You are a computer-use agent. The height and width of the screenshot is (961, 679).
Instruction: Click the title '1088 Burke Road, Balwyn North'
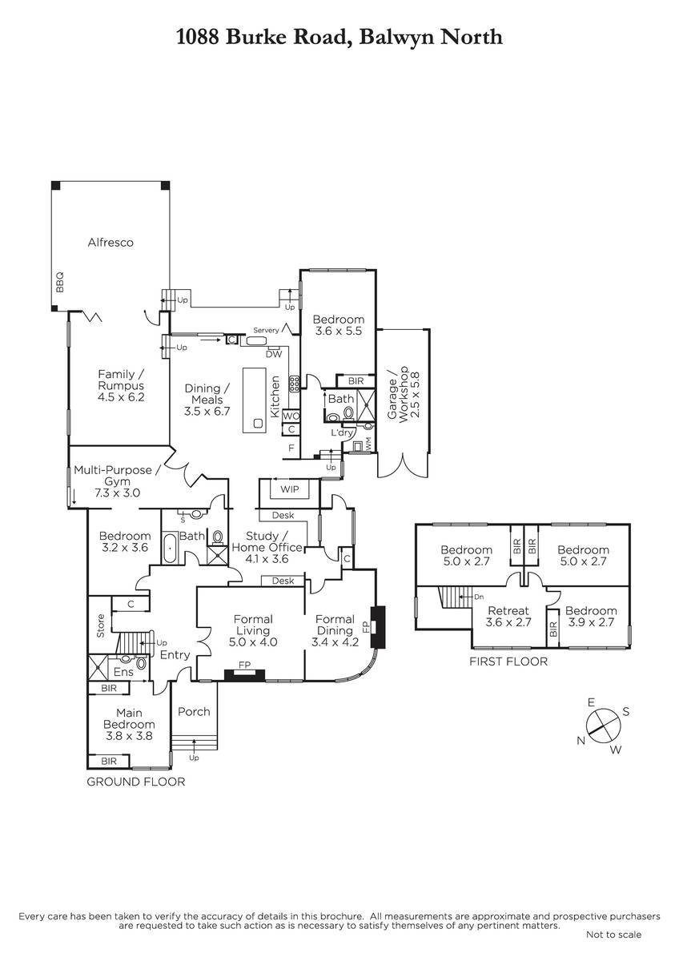click(339, 36)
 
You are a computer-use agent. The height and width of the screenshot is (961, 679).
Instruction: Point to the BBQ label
click(58, 281)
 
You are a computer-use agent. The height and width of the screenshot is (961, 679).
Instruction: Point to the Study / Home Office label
click(267, 541)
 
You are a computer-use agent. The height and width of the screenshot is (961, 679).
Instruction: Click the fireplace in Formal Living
click(244, 674)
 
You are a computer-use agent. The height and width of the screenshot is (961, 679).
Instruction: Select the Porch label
click(193, 711)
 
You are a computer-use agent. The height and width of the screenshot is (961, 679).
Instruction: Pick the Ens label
click(123, 672)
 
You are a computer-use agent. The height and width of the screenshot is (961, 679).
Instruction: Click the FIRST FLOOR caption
click(508, 661)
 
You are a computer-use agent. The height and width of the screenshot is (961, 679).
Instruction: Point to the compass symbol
click(601, 724)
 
